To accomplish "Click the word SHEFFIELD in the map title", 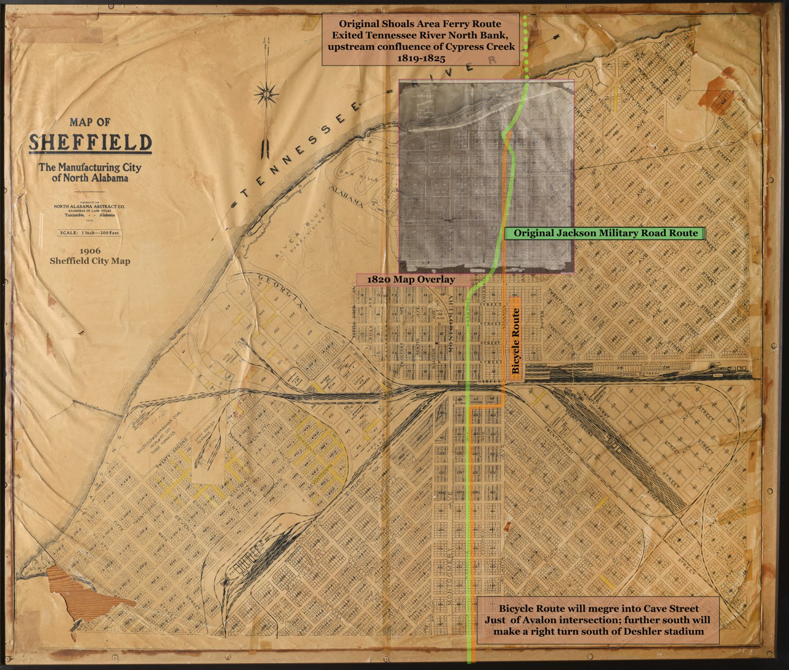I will pyautogui.click(x=91, y=143).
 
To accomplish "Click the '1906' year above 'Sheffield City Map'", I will pyautogui.click(x=91, y=251).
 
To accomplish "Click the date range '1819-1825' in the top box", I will pyautogui.click(x=413, y=58).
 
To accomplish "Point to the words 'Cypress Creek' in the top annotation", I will pyautogui.click(x=475, y=47).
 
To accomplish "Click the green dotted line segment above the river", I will pyautogui.click(x=525, y=37).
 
